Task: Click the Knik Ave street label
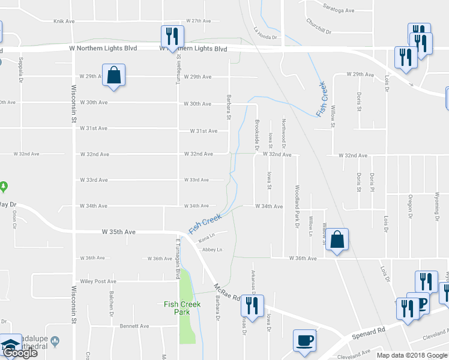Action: coord(64,21)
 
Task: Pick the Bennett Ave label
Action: coord(134,326)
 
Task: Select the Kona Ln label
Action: coord(206,241)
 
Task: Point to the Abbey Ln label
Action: coord(212,250)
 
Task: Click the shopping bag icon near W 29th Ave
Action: coord(113,77)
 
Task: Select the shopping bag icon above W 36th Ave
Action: coord(338,239)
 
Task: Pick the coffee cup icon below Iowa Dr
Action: coord(304,340)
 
